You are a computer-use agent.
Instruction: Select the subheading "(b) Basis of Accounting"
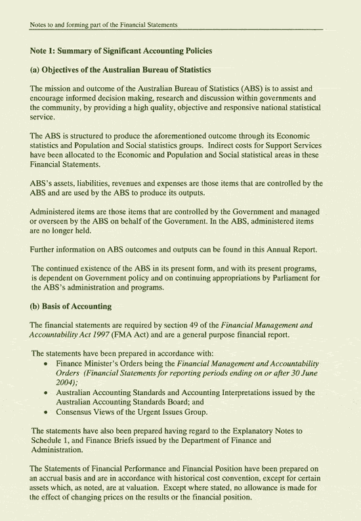coord(71,306)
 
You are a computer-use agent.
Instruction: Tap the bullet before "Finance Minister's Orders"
coord(45,363)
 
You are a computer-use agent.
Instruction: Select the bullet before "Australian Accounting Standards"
coord(45,393)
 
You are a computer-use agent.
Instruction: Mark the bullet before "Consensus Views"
coord(45,412)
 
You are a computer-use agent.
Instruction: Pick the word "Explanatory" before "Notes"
coord(240,431)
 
